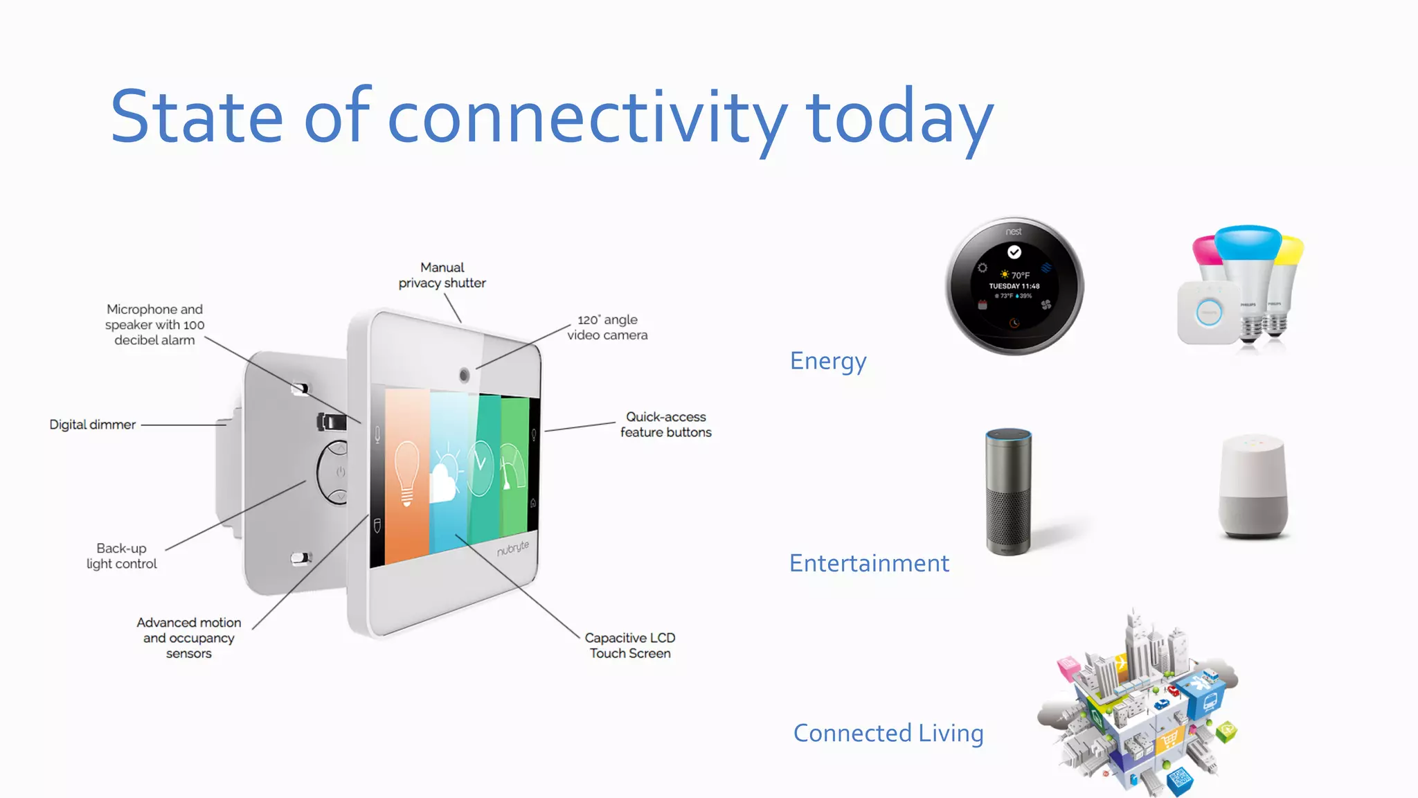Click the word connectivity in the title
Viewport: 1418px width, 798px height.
point(587,118)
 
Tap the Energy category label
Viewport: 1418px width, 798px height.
point(828,362)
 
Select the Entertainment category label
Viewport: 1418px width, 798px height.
point(869,563)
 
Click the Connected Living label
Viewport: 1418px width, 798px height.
point(888,733)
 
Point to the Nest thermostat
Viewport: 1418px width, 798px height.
point(1014,286)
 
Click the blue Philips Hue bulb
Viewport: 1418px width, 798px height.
point(1248,256)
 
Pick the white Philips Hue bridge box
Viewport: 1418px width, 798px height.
point(1209,312)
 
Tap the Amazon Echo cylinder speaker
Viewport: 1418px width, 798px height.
point(1008,491)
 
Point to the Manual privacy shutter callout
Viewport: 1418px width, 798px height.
point(442,275)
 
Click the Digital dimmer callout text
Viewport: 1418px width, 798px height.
point(93,425)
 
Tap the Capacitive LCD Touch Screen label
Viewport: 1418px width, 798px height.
point(630,646)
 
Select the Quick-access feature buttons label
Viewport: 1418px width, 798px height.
point(665,425)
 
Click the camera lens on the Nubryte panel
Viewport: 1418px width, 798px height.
point(464,375)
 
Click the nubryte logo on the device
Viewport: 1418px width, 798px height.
point(513,549)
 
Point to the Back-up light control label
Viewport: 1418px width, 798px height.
point(122,556)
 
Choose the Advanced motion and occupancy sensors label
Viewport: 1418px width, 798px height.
point(188,638)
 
